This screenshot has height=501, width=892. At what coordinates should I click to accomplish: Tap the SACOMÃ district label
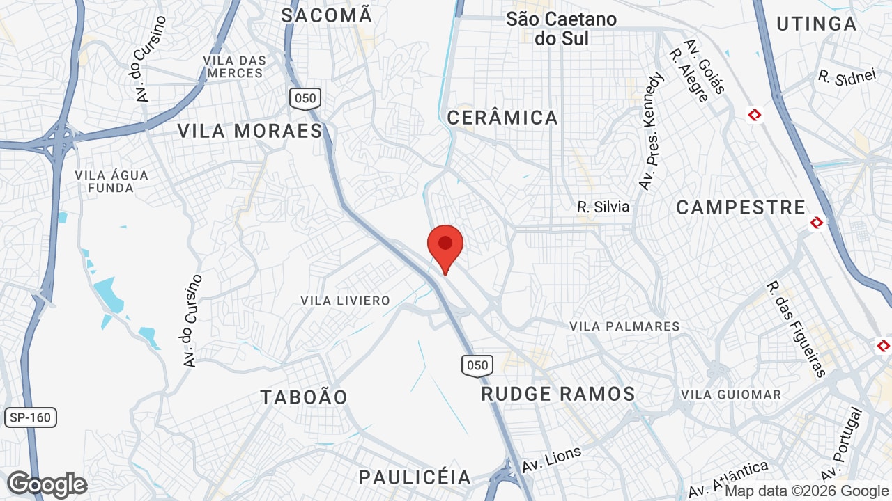327,15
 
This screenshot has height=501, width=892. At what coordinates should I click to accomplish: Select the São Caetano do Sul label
561,29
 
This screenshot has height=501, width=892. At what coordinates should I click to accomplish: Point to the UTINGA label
816,24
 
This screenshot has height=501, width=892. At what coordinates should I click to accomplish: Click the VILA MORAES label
249,131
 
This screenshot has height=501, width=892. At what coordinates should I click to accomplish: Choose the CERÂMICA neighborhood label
502,118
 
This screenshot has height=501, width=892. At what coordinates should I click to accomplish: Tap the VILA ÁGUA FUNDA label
111,181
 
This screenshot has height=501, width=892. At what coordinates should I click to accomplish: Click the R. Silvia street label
603,207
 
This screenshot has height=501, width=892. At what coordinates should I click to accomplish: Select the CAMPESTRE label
741,207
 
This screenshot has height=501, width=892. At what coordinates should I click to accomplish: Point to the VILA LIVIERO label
345,301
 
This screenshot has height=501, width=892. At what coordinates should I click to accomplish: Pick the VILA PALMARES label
624,326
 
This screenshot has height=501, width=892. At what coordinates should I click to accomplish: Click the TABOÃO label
304,397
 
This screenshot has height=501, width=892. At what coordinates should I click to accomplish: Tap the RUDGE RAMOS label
558,395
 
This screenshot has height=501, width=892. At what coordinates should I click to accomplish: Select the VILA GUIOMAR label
730,395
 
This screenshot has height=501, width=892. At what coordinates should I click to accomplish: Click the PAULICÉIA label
415,477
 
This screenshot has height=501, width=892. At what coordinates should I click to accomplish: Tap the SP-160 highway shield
31,417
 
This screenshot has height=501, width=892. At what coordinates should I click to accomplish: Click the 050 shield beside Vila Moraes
305,98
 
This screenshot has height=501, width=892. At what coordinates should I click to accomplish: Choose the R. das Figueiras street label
796,328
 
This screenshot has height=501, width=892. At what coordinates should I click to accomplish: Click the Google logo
47,484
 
